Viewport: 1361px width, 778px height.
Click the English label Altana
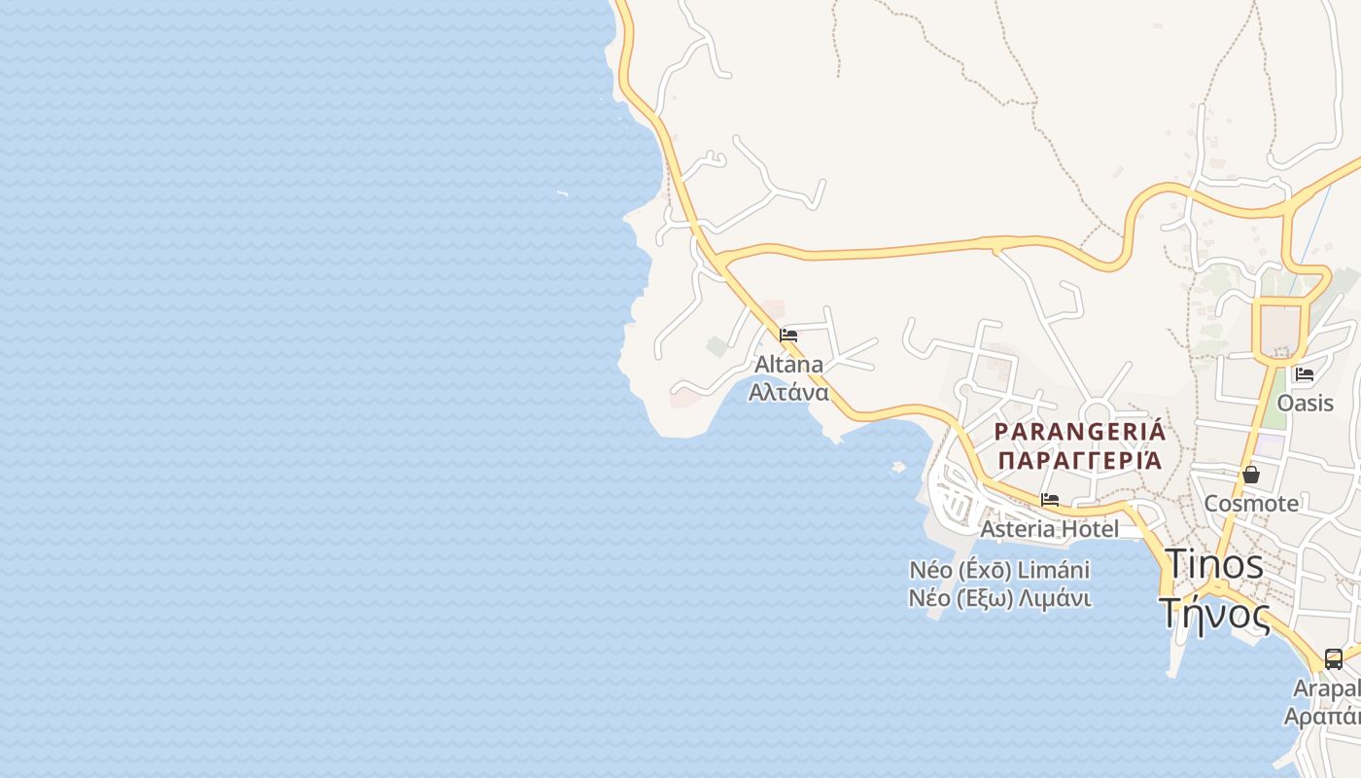click(x=788, y=365)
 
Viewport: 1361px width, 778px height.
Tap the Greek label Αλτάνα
click(x=788, y=393)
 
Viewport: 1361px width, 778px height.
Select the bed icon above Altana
click(x=788, y=336)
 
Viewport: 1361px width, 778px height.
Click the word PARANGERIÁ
click(x=1080, y=431)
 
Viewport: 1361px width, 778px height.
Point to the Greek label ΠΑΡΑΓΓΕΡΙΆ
click(x=1080, y=460)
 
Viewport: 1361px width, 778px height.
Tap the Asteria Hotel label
click(x=1049, y=529)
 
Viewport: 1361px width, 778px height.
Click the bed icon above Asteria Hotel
click(x=1050, y=500)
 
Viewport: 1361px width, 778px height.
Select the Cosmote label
click(x=1251, y=504)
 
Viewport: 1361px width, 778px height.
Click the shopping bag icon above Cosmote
click(x=1251, y=475)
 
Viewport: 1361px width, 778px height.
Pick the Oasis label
click(x=1305, y=403)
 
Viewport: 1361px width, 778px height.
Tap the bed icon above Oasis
click(x=1305, y=373)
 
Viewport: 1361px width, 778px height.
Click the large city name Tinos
click(x=1214, y=564)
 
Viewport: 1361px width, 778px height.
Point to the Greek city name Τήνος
click(x=1214, y=614)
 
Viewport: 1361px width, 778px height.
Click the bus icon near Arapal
click(x=1334, y=658)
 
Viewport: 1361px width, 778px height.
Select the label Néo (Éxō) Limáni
click(x=999, y=569)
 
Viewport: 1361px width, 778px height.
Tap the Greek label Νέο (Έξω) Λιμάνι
click(x=999, y=598)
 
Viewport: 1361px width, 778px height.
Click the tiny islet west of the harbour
click(x=898, y=467)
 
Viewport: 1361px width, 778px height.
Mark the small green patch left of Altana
click(x=716, y=346)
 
